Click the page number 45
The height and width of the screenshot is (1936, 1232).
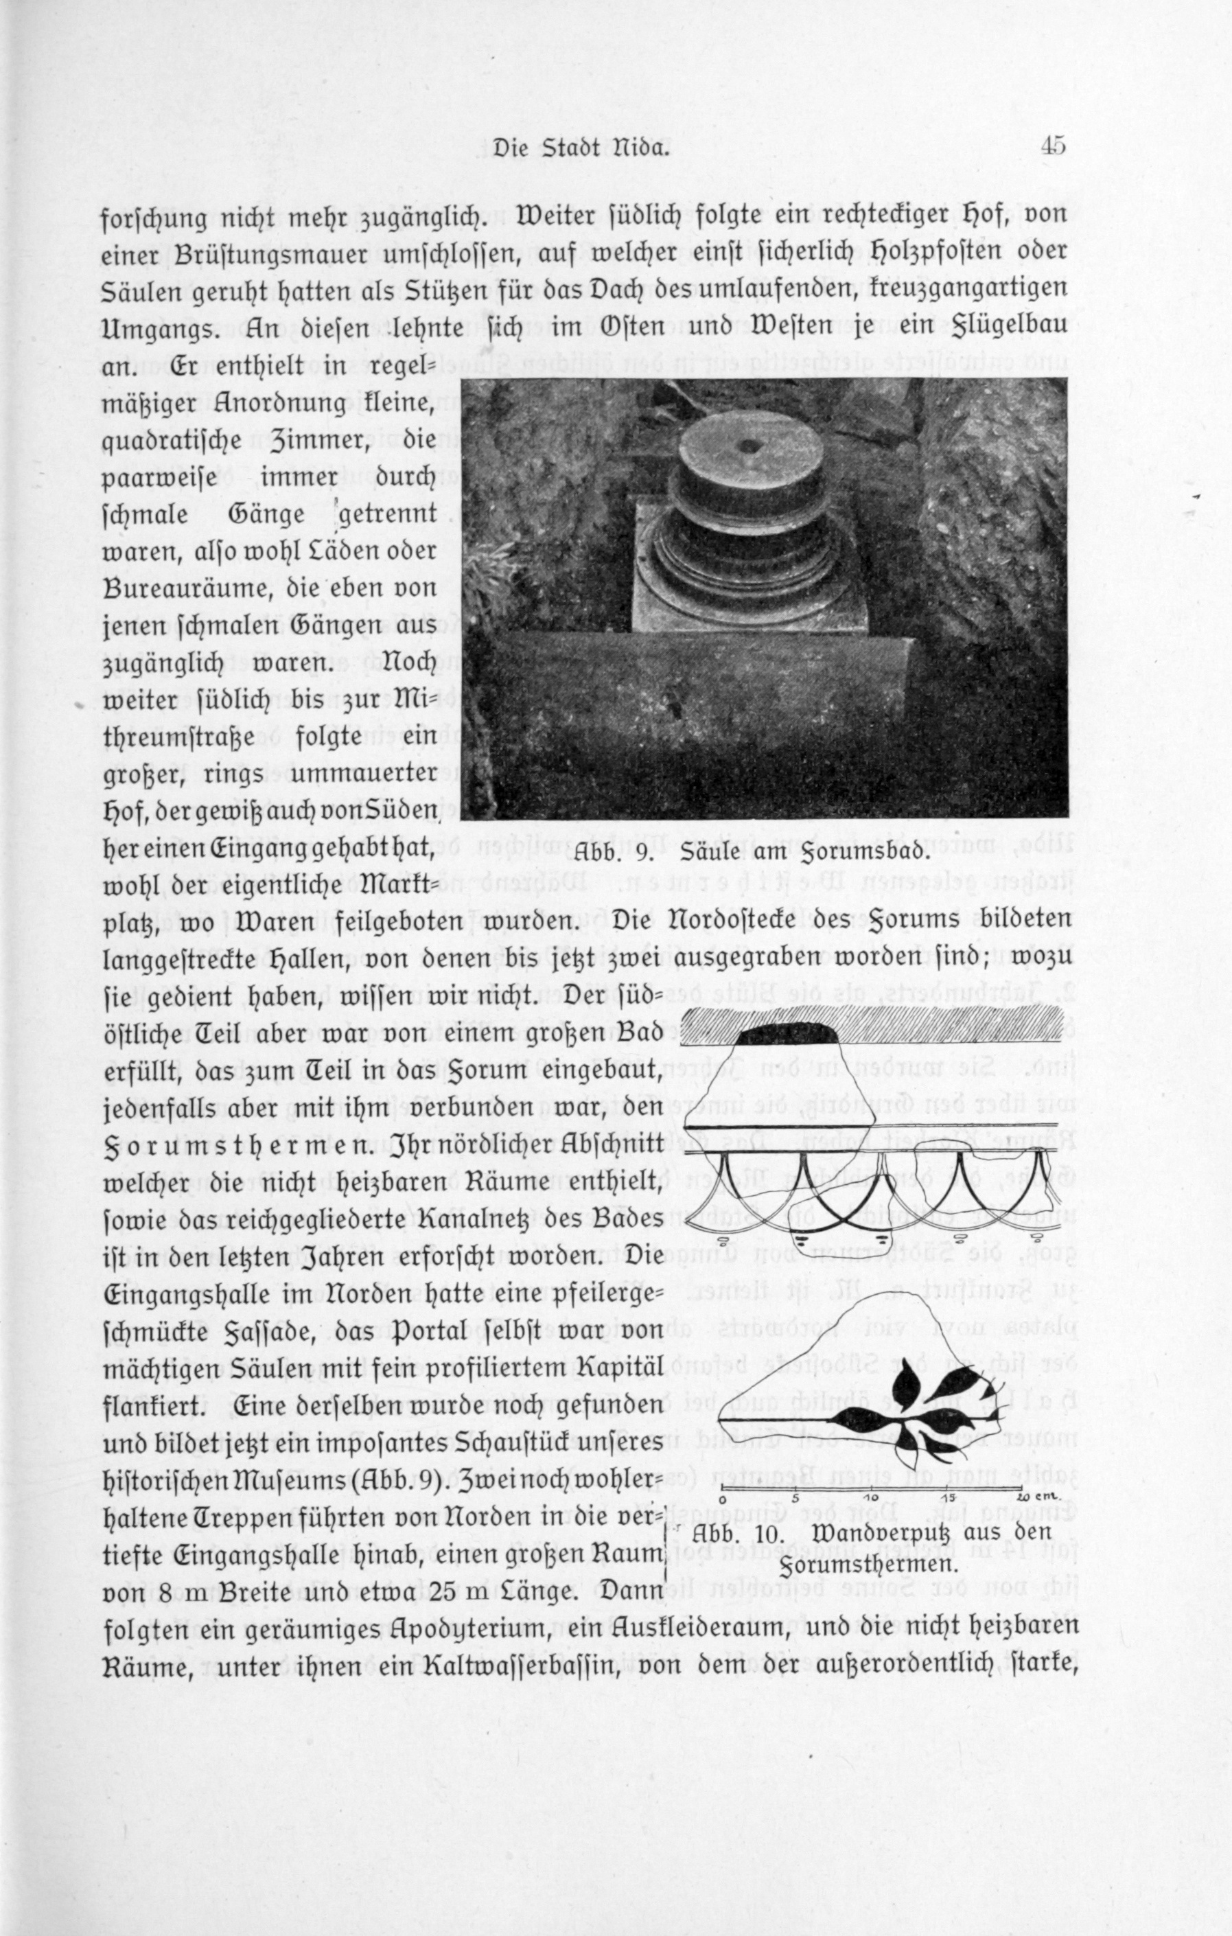click(1052, 147)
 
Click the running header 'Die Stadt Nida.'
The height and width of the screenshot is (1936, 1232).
click(582, 149)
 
